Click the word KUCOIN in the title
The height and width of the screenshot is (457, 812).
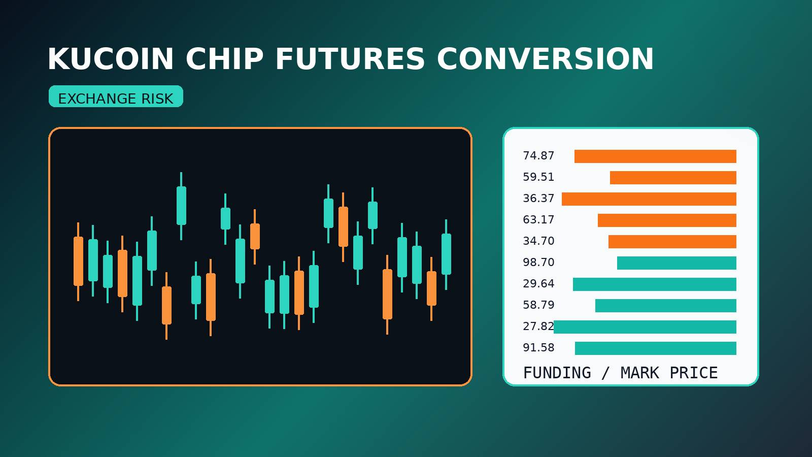tap(111, 59)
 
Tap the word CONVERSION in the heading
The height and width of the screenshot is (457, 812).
tap(545, 59)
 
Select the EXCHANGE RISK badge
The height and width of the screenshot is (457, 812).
tap(116, 97)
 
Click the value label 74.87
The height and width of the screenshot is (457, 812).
tap(538, 156)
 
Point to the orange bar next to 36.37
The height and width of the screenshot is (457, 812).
tap(649, 199)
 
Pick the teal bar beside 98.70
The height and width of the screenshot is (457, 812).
tap(676, 263)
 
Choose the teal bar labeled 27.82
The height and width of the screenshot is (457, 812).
tap(645, 327)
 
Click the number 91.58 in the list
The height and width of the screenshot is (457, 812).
tap(538, 348)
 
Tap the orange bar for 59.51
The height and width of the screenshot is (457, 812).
tap(673, 178)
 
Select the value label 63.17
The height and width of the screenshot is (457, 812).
tap(538, 220)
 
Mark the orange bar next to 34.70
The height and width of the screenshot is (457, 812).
tap(672, 242)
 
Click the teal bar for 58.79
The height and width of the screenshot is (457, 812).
tap(665, 306)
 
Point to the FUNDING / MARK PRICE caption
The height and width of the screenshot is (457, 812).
tap(620, 373)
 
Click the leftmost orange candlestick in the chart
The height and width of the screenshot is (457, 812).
tap(78, 261)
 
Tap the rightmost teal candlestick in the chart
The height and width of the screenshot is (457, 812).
tap(446, 254)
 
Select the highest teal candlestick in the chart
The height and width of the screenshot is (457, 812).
tap(181, 205)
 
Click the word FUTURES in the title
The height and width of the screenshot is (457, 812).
tap(350, 59)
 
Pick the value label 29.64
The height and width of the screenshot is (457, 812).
tap(538, 284)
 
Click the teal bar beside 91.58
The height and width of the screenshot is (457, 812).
tap(655, 348)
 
